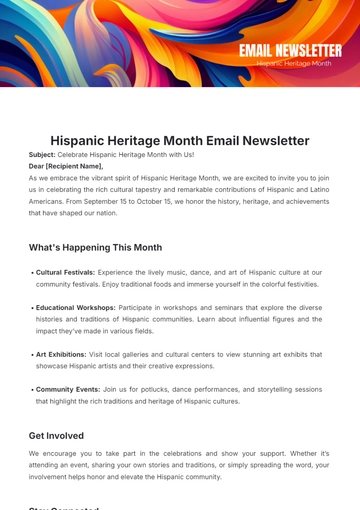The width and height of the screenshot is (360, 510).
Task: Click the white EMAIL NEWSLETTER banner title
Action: (290, 50)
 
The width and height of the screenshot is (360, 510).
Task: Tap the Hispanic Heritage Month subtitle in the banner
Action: (293, 64)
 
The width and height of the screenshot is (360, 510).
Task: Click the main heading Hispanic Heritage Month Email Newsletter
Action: (180, 141)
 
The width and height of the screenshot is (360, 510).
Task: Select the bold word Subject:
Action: (42, 155)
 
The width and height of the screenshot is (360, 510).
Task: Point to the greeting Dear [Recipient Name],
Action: (66, 166)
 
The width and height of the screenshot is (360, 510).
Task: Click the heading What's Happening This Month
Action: (95, 247)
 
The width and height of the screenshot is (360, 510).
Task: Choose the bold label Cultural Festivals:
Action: (66, 272)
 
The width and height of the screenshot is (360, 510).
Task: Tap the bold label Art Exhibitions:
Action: (63, 354)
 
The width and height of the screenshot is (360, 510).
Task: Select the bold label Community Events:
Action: (69, 389)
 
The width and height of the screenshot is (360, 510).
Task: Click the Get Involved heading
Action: (56, 436)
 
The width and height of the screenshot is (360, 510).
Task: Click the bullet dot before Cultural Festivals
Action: (32, 272)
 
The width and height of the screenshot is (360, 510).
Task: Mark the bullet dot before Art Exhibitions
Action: (32, 354)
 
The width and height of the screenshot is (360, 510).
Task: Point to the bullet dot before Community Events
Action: (32, 389)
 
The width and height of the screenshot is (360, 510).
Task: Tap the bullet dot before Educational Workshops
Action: (32, 307)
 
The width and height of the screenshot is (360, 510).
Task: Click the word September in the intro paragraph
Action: (140, 201)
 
